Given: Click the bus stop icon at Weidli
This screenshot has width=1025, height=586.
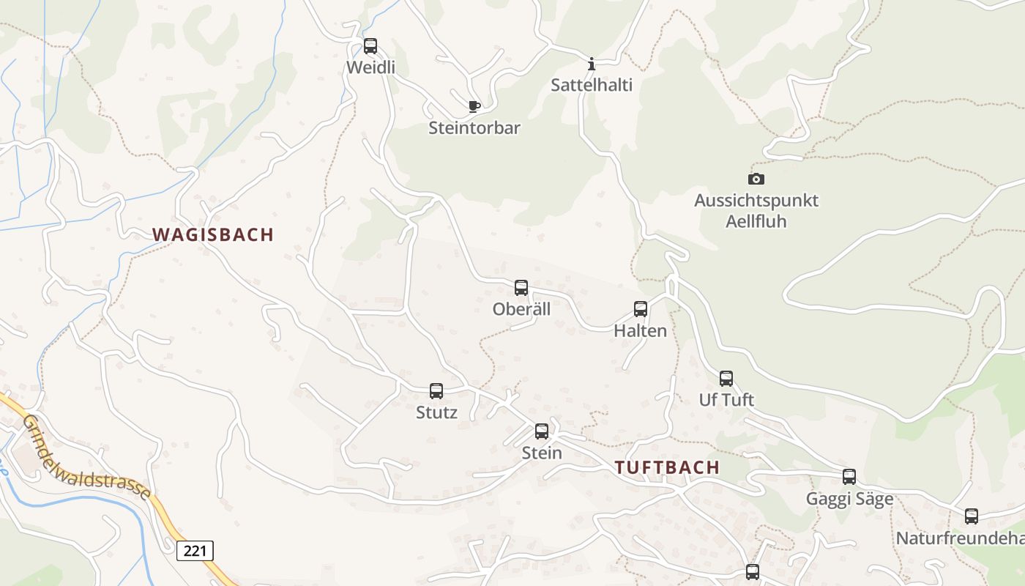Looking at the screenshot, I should (370, 46).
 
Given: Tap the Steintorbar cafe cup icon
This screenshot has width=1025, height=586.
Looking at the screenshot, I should (474, 106).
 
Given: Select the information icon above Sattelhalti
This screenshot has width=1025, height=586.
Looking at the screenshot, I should (592, 64).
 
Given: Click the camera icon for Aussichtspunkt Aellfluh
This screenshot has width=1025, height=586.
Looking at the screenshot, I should (756, 179).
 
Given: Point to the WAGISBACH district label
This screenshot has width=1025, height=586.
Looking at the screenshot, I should (213, 234).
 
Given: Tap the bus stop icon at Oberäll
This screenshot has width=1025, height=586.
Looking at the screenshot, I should (521, 288).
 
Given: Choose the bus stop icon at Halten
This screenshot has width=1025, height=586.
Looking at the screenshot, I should (641, 309).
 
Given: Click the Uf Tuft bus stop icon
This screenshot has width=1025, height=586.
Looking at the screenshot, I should (726, 379).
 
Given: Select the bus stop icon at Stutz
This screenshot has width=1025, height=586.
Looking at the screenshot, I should (436, 391).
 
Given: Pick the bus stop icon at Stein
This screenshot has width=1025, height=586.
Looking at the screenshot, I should (542, 431).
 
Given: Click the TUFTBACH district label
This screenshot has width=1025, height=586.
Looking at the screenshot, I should (667, 467).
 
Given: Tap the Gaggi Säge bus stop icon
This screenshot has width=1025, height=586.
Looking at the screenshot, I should (849, 477).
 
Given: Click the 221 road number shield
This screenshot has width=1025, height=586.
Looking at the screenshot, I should (195, 550).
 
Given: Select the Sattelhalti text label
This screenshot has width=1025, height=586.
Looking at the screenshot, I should (592, 85).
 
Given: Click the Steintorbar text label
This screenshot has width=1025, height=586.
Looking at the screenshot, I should (474, 128).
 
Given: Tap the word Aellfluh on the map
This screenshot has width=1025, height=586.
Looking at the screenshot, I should (756, 220).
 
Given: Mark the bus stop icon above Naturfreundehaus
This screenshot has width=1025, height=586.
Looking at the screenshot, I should (972, 516).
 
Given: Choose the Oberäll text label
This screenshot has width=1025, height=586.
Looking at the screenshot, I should (521, 309).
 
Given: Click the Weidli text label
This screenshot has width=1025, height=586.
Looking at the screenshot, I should (370, 67).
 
